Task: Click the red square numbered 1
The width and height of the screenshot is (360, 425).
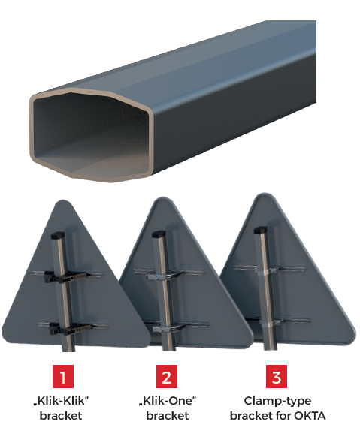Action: (x=63, y=376)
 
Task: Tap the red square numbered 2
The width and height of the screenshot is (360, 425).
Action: (x=167, y=376)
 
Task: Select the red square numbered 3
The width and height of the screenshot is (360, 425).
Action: (x=277, y=376)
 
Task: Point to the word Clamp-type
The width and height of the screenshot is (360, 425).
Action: (x=277, y=401)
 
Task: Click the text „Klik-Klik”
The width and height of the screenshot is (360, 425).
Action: (x=61, y=401)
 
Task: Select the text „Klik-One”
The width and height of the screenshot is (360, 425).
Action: (x=168, y=401)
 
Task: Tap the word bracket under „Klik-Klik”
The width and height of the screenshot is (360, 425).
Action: (x=61, y=415)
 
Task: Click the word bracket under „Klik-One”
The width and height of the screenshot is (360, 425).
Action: (x=168, y=415)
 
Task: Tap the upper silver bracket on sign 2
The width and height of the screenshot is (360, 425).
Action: (x=164, y=276)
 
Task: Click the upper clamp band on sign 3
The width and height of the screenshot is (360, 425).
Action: (x=265, y=271)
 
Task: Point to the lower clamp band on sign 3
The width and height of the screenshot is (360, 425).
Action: (x=269, y=323)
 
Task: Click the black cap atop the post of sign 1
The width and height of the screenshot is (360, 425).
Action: (x=58, y=235)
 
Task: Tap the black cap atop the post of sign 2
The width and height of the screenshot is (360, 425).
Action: (x=159, y=234)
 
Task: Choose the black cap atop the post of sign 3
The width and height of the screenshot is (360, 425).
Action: (x=261, y=230)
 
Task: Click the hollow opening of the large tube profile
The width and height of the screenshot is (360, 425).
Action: (x=91, y=133)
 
